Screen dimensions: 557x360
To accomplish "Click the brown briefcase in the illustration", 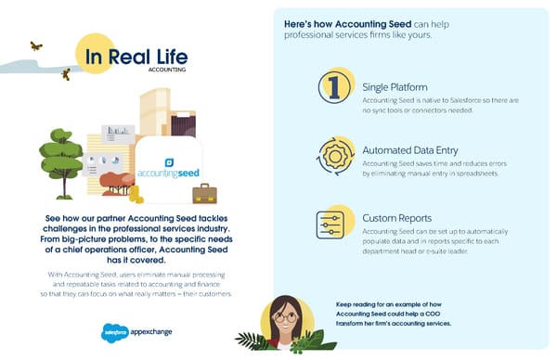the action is (x=204, y=192).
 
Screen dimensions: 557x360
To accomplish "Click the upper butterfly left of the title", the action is (x=36, y=45).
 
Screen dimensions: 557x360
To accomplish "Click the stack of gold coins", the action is (x=136, y=194).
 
